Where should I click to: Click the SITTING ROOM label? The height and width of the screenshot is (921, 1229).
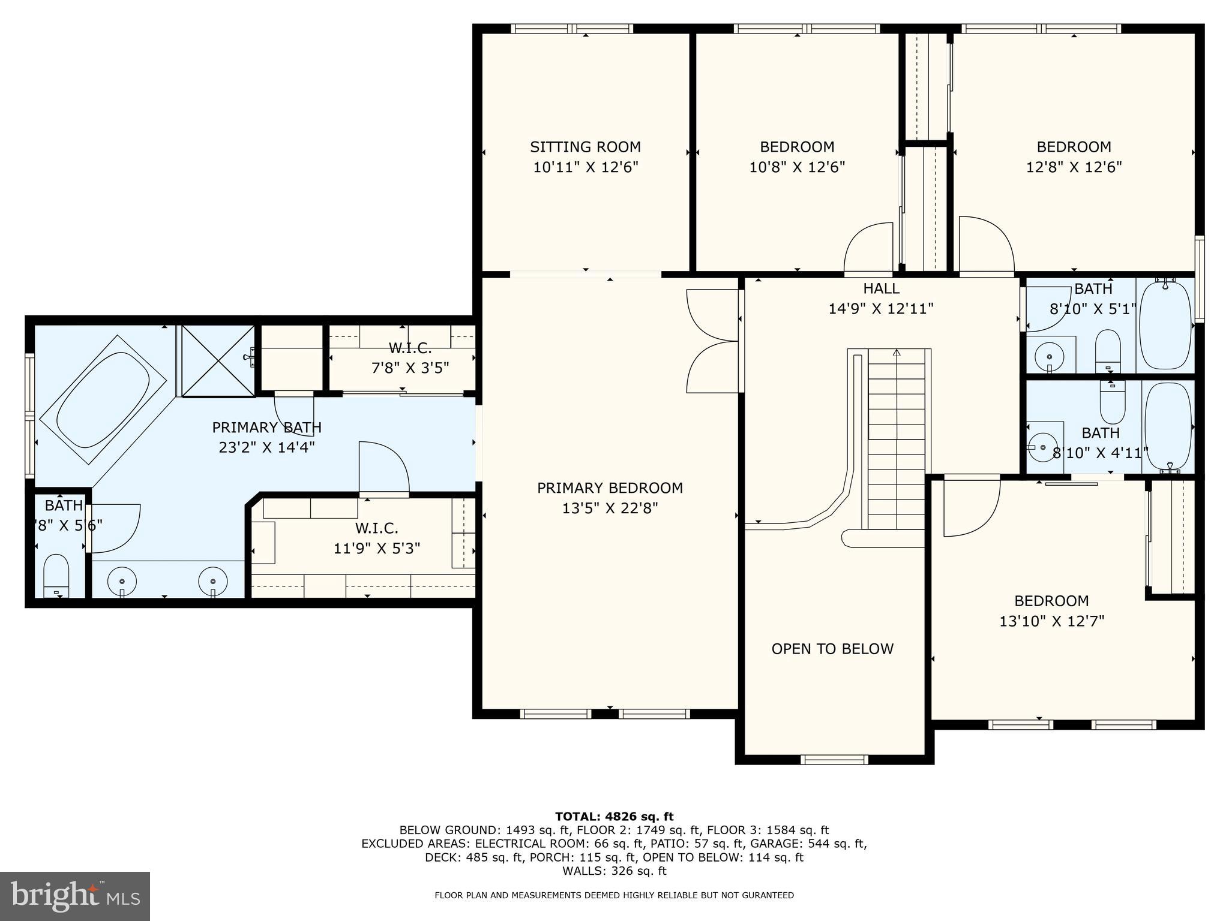585,147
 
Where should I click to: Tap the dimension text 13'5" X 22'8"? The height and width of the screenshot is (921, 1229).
610,508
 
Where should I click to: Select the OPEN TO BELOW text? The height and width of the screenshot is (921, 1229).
832,649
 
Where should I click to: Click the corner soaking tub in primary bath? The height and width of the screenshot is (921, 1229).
103,399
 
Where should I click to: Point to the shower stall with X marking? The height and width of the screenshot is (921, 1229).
218,360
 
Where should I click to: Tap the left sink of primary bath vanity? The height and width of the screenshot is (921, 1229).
122,581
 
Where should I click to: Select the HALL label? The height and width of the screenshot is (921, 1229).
881,288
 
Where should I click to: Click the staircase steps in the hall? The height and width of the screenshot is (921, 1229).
897,438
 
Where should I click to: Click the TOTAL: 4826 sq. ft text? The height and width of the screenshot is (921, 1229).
614,817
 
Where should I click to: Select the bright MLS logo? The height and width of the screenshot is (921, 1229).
75,896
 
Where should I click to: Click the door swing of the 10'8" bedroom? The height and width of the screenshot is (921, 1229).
869,249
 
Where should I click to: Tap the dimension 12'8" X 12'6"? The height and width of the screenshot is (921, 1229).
1074,167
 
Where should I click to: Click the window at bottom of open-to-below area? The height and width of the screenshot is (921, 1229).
834,760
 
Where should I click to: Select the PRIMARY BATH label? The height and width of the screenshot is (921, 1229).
266,428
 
